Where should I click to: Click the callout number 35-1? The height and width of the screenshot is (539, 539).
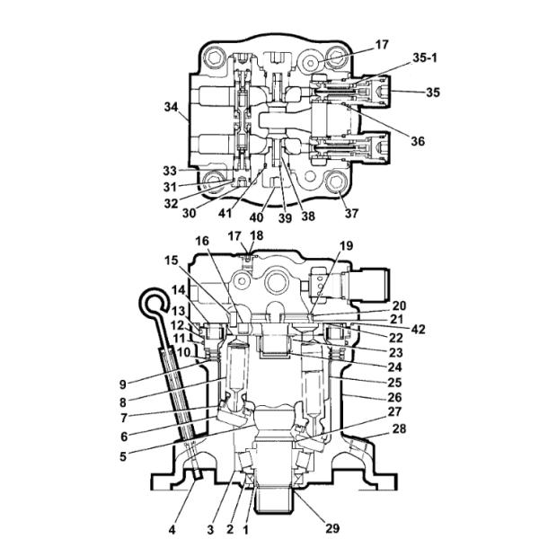(x=425, y=57)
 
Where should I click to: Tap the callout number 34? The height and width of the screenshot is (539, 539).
(x=171, y=107)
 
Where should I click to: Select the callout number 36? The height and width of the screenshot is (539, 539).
(x=418, y=141)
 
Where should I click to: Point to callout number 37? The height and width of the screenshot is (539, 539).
(x=351, y=214)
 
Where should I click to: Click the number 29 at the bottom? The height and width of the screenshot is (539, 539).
(x=332, y=528)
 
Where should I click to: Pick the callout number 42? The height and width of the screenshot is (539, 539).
(x=418, y=330)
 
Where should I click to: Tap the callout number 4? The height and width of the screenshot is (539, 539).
(x=172, y=530)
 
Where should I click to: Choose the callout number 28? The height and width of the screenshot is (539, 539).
(x=399, y=429)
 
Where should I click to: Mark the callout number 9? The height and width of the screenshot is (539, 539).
(x=123, y=384)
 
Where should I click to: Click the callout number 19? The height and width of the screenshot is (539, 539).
(x=346, y=246)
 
